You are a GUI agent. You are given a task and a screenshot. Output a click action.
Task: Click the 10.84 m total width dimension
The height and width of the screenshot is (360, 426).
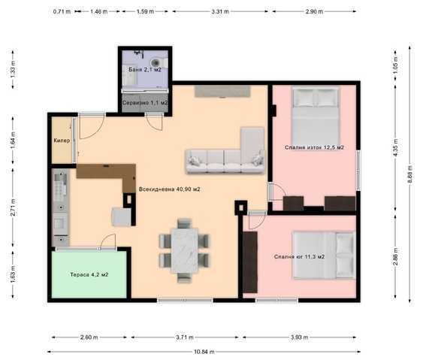coord(204,352)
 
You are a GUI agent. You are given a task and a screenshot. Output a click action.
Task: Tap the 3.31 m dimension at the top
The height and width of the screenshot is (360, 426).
coord(220,11)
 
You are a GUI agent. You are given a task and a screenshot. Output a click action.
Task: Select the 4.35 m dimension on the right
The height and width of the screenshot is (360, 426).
coord(395,147)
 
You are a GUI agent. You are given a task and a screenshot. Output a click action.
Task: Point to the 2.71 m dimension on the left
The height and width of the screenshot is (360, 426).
coord(13,207)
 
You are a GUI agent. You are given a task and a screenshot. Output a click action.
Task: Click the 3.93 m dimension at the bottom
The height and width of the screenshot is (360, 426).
coord(299,337)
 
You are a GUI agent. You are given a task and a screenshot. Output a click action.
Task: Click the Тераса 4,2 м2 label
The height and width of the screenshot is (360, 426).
coord(89,274)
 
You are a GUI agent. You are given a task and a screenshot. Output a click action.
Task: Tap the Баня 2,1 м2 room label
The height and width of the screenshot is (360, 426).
coord(145,70)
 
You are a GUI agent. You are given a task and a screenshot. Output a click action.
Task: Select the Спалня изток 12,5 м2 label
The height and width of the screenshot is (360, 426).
coord(314,147)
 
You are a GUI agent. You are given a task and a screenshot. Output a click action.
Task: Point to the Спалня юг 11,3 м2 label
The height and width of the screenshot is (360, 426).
coord(299,257)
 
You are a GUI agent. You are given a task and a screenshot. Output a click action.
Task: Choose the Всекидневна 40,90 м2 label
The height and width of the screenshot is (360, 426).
coord(170,189)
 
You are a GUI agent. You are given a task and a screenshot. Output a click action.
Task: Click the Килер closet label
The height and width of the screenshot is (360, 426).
coord(62,141)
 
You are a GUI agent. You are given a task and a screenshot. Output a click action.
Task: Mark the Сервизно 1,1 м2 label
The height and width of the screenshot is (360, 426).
coord(145,103)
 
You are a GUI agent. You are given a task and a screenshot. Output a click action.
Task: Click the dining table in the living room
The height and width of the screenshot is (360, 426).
coord(185,250)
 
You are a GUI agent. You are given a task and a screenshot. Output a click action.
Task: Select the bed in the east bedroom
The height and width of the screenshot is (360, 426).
coord(315,116)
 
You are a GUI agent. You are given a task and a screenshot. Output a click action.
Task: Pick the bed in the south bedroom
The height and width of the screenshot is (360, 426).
coord(325,256)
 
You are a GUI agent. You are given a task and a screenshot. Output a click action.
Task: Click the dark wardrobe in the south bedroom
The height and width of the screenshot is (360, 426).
coord(250,262)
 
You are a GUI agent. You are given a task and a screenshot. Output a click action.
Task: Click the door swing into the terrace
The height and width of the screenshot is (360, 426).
coord(108,241)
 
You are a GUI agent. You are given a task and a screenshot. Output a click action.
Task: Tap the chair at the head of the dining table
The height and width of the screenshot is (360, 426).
coord(185,223)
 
